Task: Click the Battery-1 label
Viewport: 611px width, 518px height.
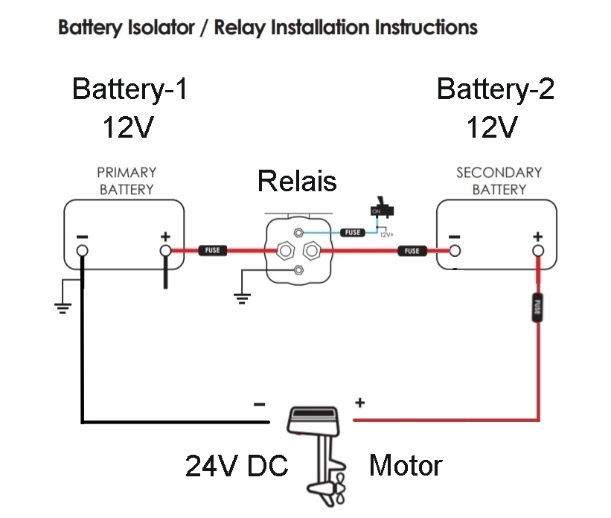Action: [129, 89]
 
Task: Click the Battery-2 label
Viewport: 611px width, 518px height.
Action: [495, 89]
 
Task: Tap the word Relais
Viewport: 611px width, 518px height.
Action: [297, 181]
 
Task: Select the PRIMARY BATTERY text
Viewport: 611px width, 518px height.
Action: [127, 181]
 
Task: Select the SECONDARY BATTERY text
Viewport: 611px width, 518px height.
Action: [499, 181]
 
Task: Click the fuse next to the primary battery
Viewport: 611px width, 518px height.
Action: [213, 251]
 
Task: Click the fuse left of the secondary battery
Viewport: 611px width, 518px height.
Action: [412, 251]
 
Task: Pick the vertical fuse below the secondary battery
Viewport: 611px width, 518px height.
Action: [537, 308]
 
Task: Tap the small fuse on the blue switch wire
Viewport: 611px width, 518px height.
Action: [353, 232]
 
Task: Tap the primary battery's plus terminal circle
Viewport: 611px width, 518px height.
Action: [165, 251]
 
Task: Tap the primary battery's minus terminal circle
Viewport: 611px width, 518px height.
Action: [82, 251]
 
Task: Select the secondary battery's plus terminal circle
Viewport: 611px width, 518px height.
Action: [537, 251]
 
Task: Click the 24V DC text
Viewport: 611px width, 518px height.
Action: [236, 467]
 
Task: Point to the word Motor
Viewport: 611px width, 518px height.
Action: [406, 467]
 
